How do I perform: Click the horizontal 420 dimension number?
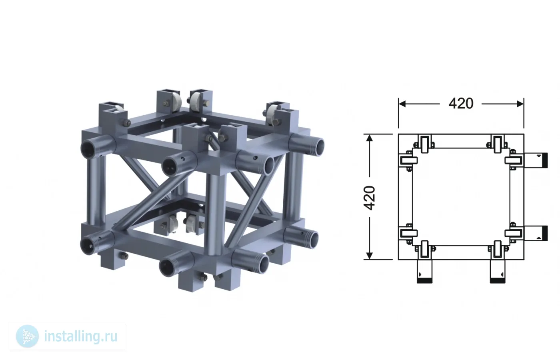click(461, 104)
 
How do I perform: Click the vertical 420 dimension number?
click(370, 198)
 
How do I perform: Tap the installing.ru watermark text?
click(81, 336)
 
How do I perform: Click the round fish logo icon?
click(27, 336)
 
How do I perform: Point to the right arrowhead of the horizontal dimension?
click(520, 104)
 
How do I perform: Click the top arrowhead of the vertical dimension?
click(370, 138)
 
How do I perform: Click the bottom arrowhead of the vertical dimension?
click(370, 256)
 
